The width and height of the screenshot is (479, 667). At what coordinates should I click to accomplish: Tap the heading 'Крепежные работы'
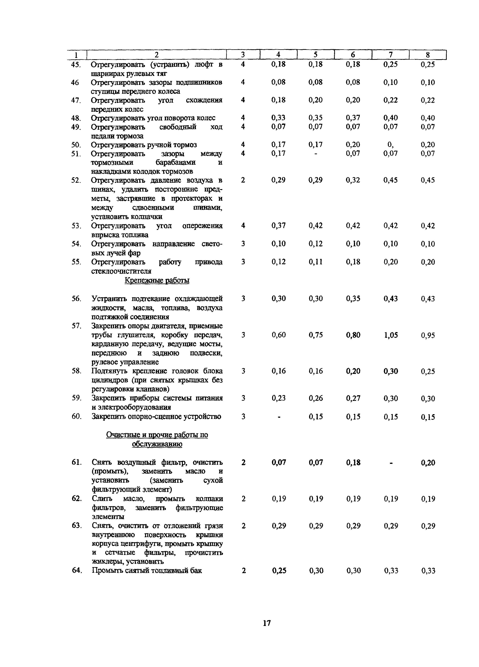point(157,280)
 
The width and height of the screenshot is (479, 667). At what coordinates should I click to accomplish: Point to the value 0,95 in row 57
point(428,335)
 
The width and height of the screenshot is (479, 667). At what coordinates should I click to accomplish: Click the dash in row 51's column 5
point(315,154)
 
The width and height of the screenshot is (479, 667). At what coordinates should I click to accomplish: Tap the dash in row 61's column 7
point(391,463)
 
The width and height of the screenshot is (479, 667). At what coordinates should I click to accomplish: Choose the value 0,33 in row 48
point(278,118)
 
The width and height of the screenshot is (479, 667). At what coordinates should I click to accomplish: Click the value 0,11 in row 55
point(315,262)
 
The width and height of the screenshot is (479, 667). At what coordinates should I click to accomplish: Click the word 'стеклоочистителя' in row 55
point(121,271)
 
